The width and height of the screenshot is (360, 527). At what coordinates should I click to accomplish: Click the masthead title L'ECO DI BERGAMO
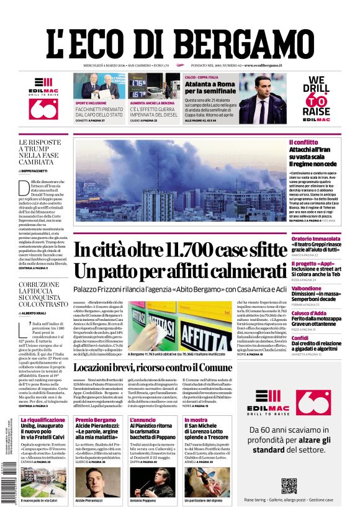click(x=179, y=44)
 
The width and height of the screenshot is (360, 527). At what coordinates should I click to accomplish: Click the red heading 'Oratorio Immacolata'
click(x=316, y=238)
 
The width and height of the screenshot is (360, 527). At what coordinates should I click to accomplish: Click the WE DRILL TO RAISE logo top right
click(x=316, y=96)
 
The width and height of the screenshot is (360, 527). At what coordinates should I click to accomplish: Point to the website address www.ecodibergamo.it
click(x=264, y=65)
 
